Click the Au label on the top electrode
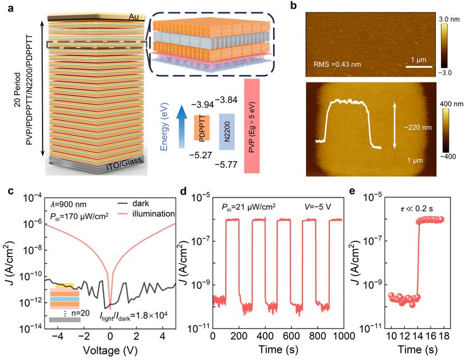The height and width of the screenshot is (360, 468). pyautogui.click(x=134, y=17)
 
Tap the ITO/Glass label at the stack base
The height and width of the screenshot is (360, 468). pyautogui.click(x=123, y=164)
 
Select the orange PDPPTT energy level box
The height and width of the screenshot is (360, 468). pyautogui.click(x=202, y=127)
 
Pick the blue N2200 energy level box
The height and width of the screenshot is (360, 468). pyautogui.click(x=227, y=131)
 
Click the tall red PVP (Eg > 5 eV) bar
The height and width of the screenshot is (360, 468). pyautogui.click(x=252, y=126)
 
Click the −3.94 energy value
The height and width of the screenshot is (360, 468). pyautogui.click(x=202, y=105)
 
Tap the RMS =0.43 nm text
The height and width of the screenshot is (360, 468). pyautogui.click(x=338, y=64)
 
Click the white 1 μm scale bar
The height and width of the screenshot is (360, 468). pyautogui.click(x=419, y=67)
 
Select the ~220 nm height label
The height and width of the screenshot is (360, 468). pyautogui.click(x=418, y=127)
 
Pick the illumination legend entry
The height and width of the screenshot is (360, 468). pyautogui.click(x=145, y=213)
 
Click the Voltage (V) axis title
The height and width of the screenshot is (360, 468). pyautogui.click(x=110, y=349)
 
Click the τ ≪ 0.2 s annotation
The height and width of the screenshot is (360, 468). pyautogui.click(x=417, y=209)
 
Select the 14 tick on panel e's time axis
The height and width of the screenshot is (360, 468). pyautogui.click(x=418, y=336)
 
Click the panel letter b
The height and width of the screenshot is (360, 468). pyautogui.click(x=294, y=6)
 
